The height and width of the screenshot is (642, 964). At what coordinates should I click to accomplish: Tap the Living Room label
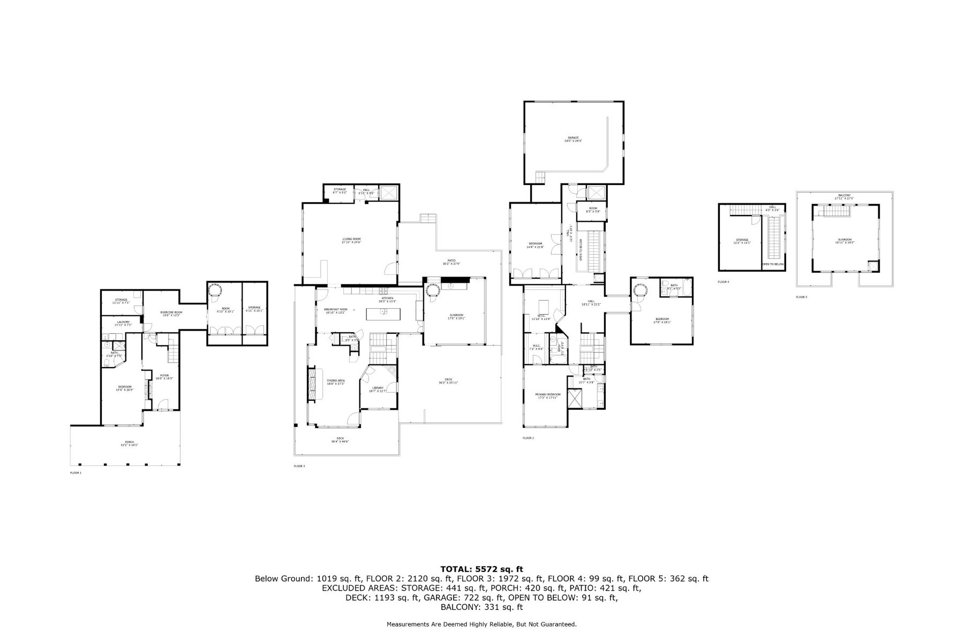[352, 240]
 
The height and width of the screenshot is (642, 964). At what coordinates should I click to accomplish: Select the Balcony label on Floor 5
[845, 196]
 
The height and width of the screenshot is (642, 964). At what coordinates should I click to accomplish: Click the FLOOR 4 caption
[724, 281]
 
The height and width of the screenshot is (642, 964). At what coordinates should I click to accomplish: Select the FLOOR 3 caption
[528, 438]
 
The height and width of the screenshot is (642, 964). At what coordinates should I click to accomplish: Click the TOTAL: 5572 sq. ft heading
[481, 569]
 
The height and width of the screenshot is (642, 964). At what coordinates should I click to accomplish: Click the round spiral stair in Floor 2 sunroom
[432, 291]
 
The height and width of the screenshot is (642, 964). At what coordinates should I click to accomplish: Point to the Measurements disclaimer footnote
[481, 624]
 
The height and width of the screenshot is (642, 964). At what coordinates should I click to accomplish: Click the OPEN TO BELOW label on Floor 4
[773, 264]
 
